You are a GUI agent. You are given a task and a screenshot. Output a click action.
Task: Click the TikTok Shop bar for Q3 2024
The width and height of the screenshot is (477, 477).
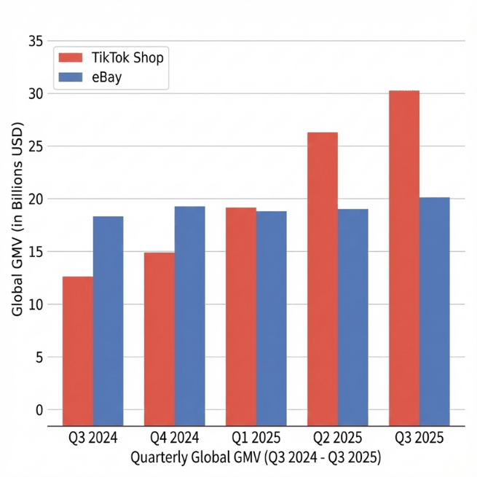77,351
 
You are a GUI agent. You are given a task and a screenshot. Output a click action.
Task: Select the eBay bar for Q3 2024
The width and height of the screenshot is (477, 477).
108,321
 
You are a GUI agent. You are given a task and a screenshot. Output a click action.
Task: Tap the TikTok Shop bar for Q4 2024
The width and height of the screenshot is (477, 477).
159,339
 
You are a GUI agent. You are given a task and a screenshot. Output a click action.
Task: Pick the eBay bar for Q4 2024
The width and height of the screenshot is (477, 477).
189,316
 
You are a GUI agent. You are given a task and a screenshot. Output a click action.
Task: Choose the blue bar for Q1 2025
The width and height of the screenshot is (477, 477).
271,318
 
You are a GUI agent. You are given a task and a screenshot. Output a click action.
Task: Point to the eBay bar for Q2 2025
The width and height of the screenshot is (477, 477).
352,318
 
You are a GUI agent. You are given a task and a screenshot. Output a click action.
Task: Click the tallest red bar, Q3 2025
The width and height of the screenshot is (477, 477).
403,259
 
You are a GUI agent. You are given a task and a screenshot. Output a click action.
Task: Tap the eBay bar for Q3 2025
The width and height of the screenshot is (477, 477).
434,312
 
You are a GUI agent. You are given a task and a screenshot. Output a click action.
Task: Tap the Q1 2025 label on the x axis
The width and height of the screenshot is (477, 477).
255,439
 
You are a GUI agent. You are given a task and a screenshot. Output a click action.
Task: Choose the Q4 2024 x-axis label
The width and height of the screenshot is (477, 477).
174,439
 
